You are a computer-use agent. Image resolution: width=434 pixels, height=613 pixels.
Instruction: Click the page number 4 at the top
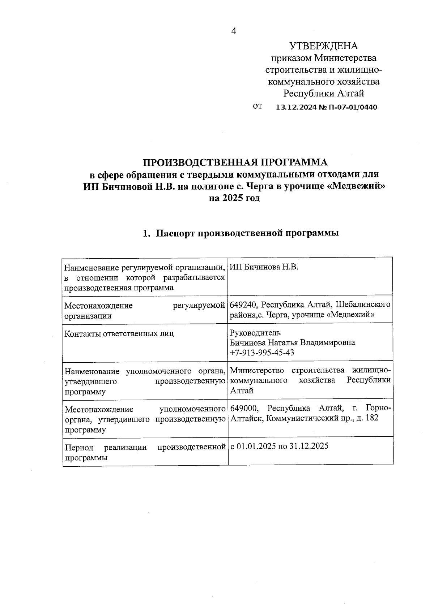tap(234, 31)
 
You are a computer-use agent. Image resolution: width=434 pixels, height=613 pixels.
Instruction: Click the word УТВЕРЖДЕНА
tap(323, 46)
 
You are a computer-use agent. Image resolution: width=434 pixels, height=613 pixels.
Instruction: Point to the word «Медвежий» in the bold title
tap(357, 186)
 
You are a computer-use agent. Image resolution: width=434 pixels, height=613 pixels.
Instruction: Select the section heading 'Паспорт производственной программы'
tap(247, 233)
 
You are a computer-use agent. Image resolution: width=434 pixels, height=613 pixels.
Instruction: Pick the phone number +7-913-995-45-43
tap(262, 353)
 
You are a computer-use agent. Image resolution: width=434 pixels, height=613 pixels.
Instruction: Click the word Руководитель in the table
tap(255, 332)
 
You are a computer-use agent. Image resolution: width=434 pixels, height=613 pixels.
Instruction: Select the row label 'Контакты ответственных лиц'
tap(119, 333)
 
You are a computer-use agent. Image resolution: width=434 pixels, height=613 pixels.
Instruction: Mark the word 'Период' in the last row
tap(79, 448)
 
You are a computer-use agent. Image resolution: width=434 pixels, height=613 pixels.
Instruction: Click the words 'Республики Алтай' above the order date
tap(323, 94)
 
